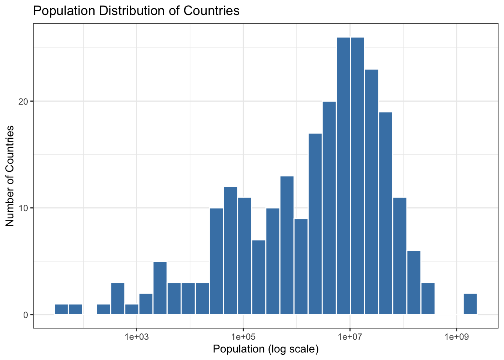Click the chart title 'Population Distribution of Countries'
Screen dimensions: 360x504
(136, 10)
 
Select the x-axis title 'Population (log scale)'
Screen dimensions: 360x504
(265, 349)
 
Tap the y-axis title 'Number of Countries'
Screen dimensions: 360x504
(10, 176)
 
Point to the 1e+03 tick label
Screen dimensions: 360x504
(136, 337)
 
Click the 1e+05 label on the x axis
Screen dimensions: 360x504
(243, 337)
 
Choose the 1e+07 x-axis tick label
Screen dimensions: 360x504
(349, 337)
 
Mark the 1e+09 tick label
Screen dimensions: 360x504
(456, 337)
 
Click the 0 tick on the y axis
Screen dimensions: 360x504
(26, 315)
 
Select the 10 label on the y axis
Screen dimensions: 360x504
(24, 208)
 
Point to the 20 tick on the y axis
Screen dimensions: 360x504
(24, 102)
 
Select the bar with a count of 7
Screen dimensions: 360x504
(259, 277)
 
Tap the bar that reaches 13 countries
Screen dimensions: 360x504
(287, 245)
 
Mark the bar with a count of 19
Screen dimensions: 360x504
(385, 213)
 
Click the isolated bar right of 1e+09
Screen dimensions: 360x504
(470, 304)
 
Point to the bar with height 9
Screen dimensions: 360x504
(301, 267)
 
